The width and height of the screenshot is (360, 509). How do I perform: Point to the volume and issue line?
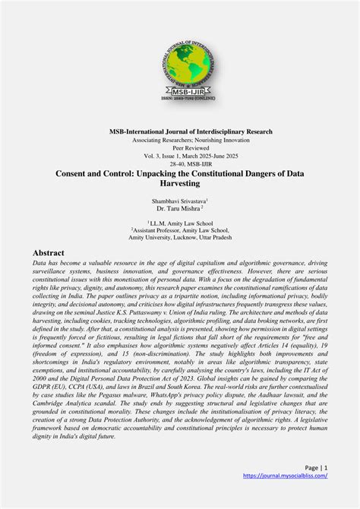pyautogui.click(x=179, y=156)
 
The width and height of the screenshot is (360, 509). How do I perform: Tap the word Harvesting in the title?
pyautogui.click(x=179, y=184)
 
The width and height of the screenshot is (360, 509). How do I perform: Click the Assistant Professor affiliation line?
pyautogui.click(x=179, y=229)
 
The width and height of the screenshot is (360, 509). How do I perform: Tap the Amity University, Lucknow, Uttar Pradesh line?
pyautogui.click(x=179, y=237)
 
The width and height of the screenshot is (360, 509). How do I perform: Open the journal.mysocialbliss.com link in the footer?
pyautogui.click(x=285, y=476)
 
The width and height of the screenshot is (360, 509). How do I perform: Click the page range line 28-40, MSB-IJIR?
pyautogui.click(x=179, y=163)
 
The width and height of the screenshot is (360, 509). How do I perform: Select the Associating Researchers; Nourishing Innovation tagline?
pyautogui.click(x=179, y=141)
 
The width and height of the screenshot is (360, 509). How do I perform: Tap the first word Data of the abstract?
pyautogui.click(x=40, y=262)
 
